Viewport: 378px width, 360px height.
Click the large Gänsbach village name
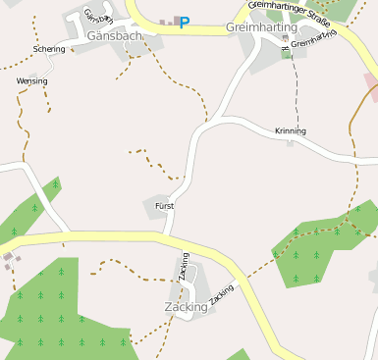(x=116, y=35)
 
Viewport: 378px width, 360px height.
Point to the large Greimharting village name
(x=261, y=28)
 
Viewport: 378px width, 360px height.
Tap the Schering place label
(x=48, y=49)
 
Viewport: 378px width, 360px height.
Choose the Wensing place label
(x=31, y=81)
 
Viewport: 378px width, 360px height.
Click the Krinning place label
(x=291, y=130)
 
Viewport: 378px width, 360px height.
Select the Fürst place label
(x=164, y=206)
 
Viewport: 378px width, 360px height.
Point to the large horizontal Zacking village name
(x=186, y=306)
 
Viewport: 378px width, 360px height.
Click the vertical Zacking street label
(x=184, y=268)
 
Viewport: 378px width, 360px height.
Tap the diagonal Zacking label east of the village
(x=222, y=293)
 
